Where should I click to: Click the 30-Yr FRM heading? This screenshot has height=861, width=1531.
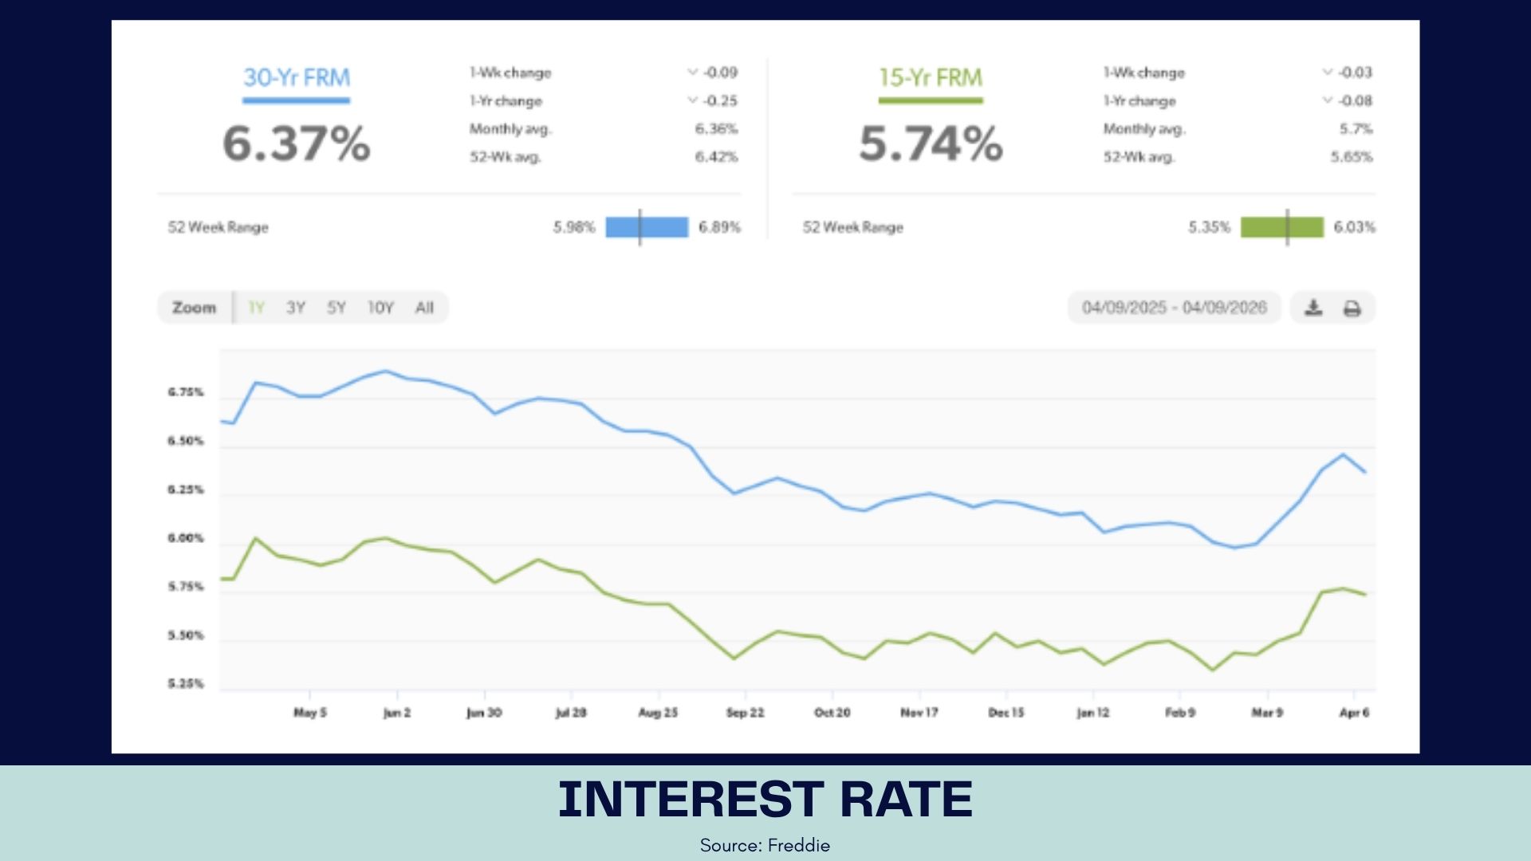296,77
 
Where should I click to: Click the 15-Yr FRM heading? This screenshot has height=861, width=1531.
931,77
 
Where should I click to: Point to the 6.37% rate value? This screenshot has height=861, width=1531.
296,143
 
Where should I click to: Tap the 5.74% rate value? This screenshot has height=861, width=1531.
931,143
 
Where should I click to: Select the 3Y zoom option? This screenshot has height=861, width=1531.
296,308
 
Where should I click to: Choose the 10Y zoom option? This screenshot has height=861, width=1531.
380,308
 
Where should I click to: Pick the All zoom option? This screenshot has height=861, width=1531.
424,308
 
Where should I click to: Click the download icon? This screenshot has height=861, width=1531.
1313,308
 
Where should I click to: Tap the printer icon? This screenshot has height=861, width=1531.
1352,308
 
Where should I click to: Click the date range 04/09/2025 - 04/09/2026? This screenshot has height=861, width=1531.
1174,308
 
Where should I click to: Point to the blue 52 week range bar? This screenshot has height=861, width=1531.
647,227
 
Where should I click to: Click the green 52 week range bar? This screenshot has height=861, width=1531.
1281,227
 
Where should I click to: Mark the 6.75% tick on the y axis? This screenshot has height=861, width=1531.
186,392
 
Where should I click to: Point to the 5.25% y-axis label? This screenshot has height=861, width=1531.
186,684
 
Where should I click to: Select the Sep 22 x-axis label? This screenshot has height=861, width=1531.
745,713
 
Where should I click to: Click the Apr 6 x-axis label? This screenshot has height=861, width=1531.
1354,713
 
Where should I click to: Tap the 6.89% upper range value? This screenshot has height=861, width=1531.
719,227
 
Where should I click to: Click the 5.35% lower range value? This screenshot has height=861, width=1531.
1209,227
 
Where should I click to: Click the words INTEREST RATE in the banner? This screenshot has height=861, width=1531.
765,800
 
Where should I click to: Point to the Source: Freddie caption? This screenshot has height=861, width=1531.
765,845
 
